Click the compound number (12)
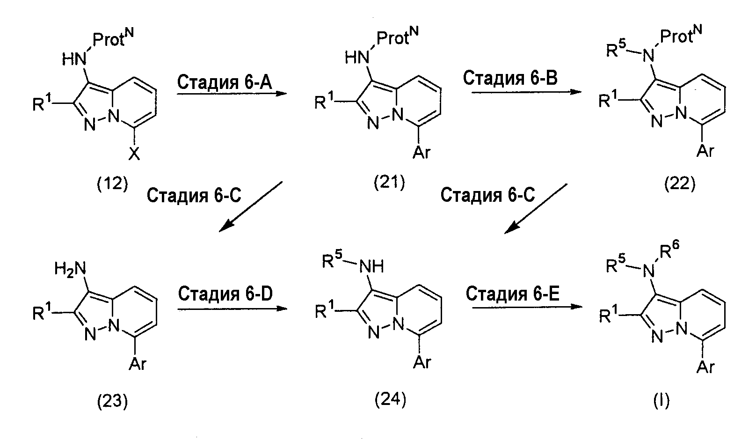tap(112, 184)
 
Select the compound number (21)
tap(389, 183)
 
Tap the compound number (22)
tap(680, 184)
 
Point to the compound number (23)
tap(112, 402)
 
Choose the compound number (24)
tap(391, 400)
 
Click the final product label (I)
tap(661, 401)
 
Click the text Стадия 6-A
tap(225, 82)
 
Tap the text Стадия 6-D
tap(225, 294)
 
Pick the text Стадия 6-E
tap(513, 294)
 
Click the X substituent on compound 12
tap(134, 154)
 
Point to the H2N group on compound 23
tap(70, 270)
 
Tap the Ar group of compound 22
tap(705, 151)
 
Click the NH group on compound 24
tap(371, 266)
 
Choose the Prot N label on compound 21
tap(397, 36)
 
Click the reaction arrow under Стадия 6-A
tap(232, 94)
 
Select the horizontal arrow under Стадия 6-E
tap(527, 307)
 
